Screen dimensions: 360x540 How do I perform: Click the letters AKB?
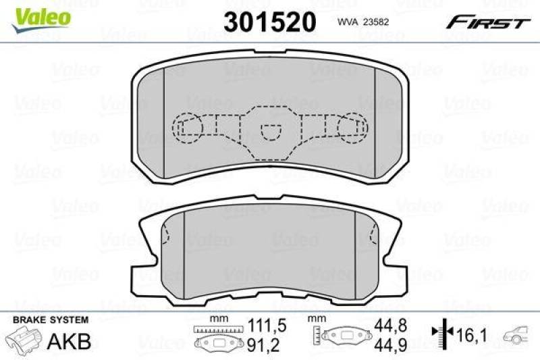(70, 340)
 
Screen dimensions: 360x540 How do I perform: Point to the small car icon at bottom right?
(519, 334)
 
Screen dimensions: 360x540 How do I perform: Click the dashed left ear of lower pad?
(165, 235)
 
